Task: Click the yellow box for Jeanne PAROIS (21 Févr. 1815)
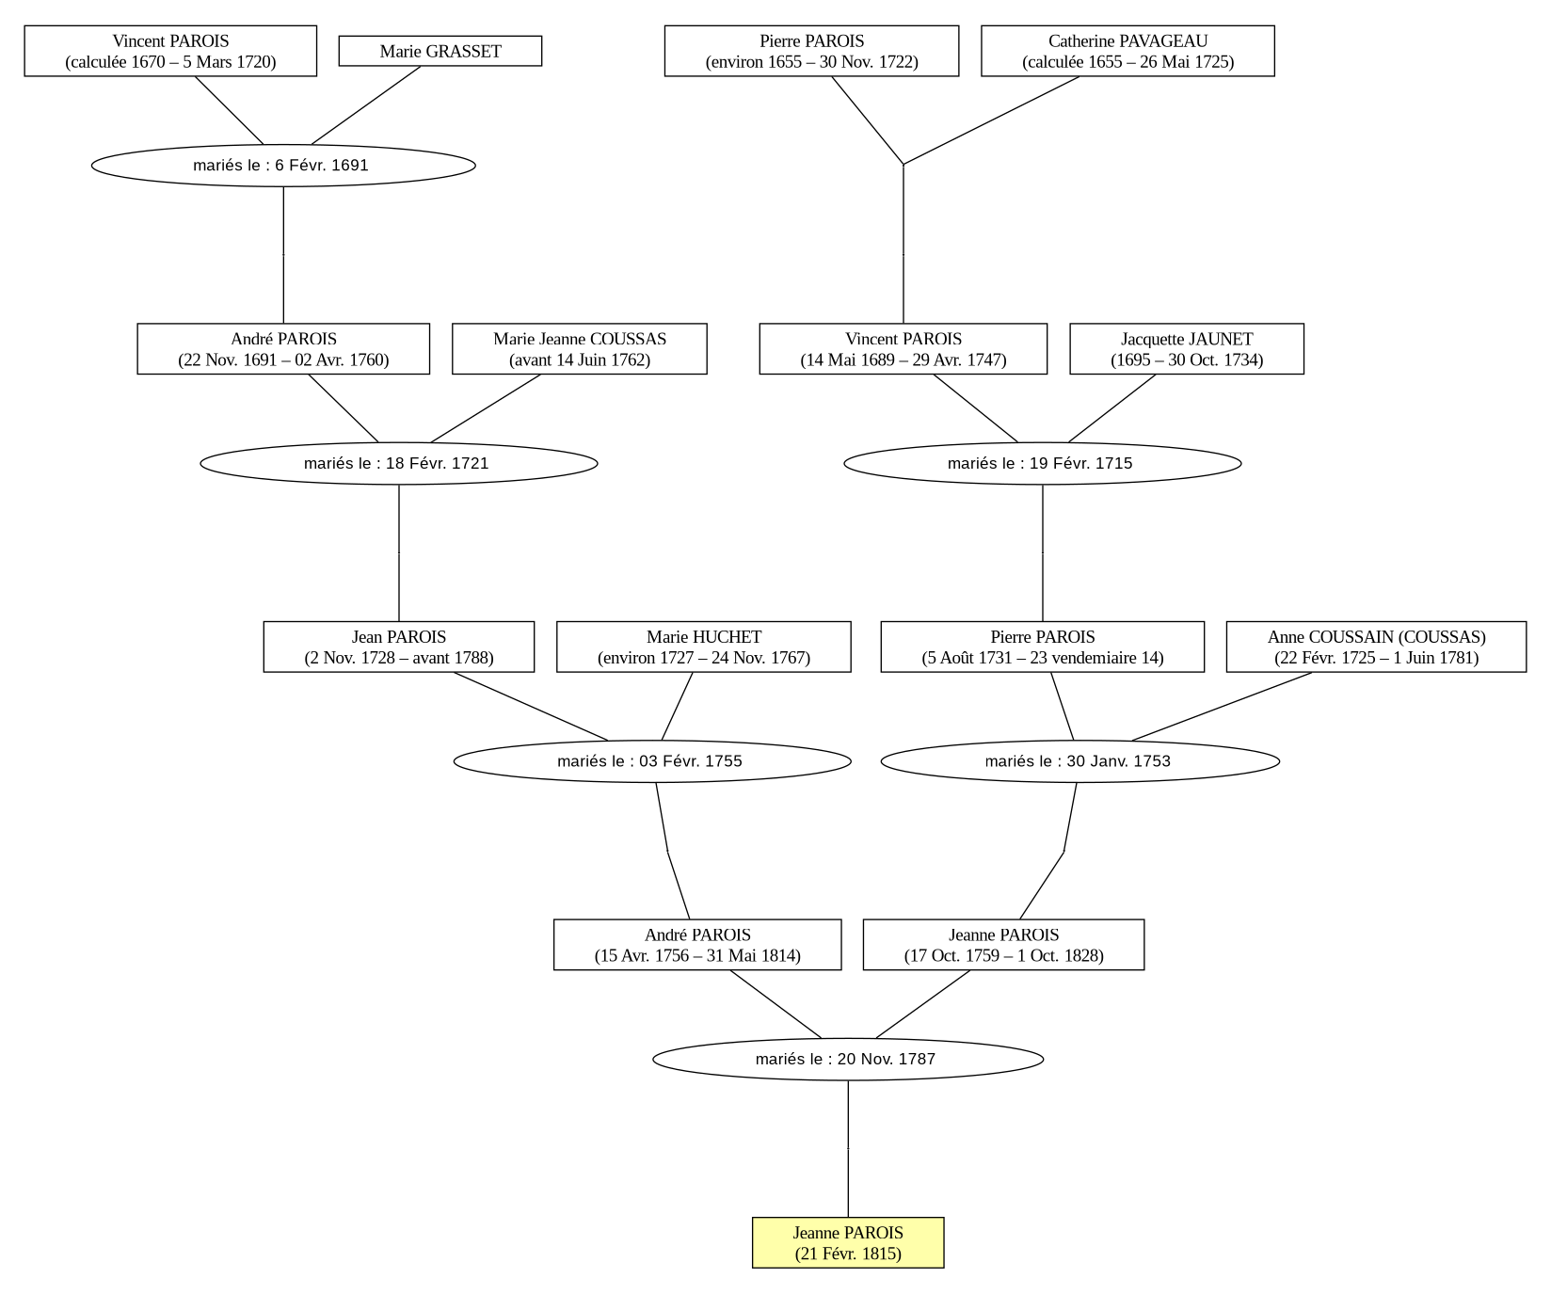(848, 1242)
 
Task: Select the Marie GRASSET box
(440, 51)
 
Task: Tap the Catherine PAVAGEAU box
(1127, 51)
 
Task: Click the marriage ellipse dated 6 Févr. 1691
(283, 166)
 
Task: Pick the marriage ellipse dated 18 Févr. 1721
(399, 463)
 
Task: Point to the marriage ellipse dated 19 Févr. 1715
(1043, 463)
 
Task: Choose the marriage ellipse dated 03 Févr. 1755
(652, 761)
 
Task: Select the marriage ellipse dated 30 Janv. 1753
(1080, 761)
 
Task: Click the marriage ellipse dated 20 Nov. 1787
(848, 1059)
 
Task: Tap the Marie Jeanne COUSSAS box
(580, 349)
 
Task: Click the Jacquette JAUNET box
(1187, 349)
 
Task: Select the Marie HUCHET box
(704, 647)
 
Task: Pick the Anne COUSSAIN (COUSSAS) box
(1376, 647)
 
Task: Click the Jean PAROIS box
(399, 647)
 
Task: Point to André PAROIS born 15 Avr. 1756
(697, 945)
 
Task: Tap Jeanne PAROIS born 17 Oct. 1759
(1003, 945)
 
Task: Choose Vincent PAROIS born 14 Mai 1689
(903, 349)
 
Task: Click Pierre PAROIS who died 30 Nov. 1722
(811, 51)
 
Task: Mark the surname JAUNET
(1221, 339)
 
